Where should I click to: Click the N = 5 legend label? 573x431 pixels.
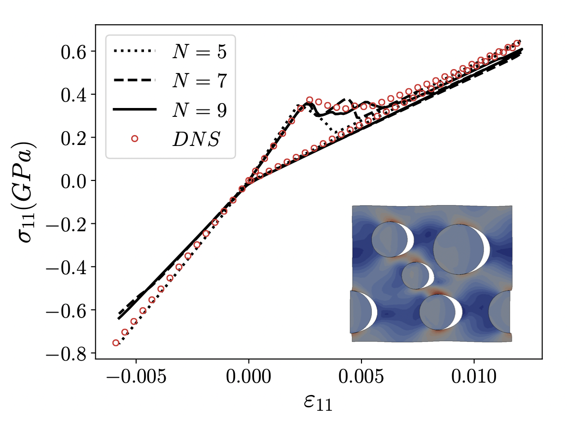(x=199, y=52)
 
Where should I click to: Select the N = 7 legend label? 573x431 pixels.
(x=199, y=80)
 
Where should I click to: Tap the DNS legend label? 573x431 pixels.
(x=196, y=139)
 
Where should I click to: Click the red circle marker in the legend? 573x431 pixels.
(x=134, y=139)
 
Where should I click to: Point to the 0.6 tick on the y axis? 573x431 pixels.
(x=73, y=51)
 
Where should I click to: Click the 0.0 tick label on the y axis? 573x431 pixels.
(x=73, y=181)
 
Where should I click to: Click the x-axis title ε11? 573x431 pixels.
(x=318, y=403)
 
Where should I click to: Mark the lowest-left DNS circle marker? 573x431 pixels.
(x=116, y=343)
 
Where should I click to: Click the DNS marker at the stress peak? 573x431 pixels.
(x=310, y=100)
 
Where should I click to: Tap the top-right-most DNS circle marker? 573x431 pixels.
(x=517, y=43)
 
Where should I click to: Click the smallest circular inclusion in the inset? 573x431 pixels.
(x=416, y=276)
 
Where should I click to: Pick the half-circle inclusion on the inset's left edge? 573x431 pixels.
(x=360, y=312)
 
